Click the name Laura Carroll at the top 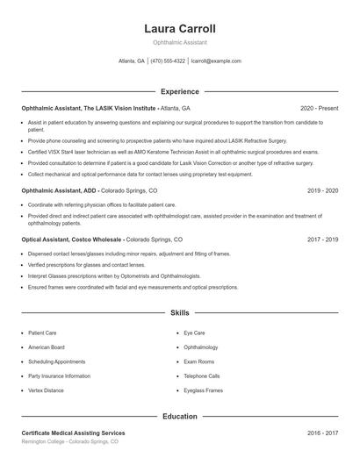[x=179, y=29]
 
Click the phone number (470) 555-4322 [x=168, y=61]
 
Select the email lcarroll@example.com [x=216, y=61]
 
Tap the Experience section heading [x=179, y=91]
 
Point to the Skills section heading [x=179, y=312]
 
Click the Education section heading [x=179, y=417]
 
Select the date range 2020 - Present [x=319, y=108]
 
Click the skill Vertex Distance [x=47, y=390]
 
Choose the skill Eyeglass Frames [x=203, y=390]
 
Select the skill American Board [x=46, y=347]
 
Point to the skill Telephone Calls [x=202, y=376]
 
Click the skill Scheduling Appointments [x=57, y=361]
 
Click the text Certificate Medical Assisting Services [x=73, y=433]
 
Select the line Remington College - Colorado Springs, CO [x=69, y=442]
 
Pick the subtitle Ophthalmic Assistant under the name [x=179, y=42]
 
